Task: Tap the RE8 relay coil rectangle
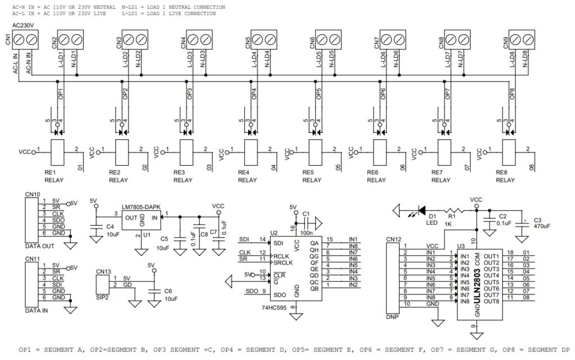(x=508, y=151)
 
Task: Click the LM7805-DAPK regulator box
(x=140, y=219)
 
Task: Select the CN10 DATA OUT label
(x=39, y=246)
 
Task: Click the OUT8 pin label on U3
(x=491, y=302)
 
